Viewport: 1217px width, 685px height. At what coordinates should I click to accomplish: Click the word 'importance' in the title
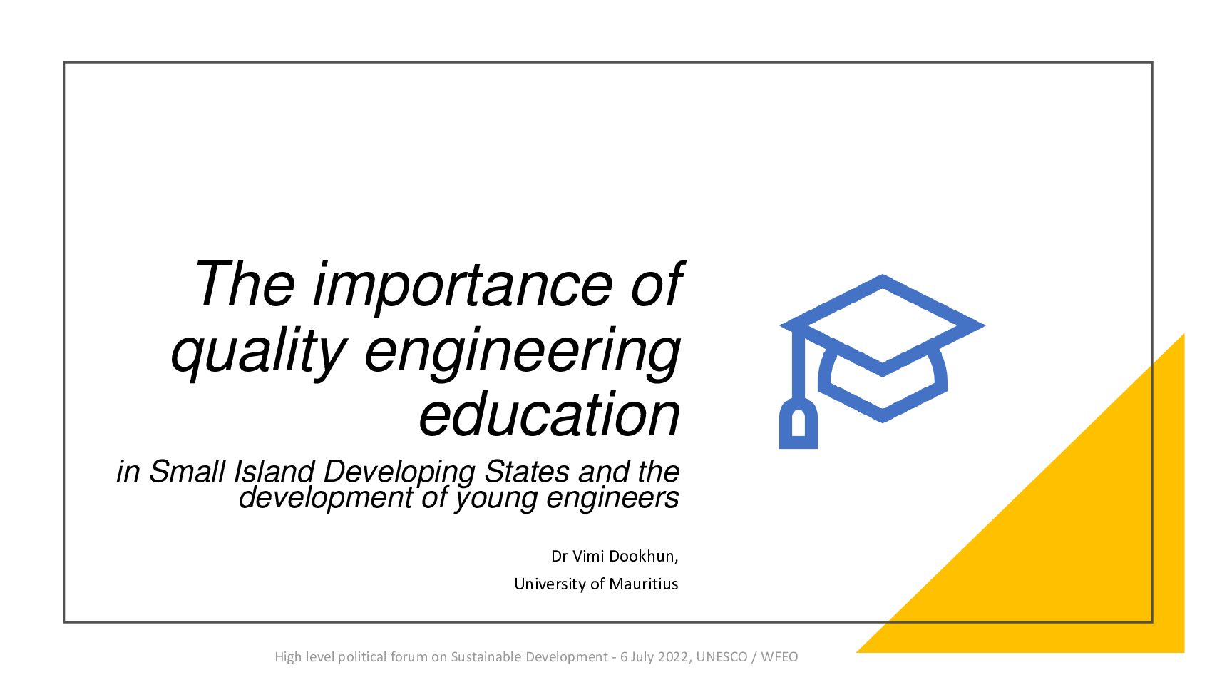(463, 287)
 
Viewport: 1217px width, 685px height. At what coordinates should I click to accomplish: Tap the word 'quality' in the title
(259, 352)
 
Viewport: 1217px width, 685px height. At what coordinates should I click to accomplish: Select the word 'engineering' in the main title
(522, 352)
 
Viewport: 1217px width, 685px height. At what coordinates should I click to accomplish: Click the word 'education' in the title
(549, 414)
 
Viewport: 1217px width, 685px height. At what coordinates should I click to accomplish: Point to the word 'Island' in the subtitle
(274, 471)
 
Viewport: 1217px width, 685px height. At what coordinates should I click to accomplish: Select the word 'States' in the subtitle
(526, 471)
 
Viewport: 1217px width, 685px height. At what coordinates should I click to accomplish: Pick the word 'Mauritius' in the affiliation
(644, 584)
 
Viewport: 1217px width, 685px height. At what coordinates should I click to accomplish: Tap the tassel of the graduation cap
(798, 424)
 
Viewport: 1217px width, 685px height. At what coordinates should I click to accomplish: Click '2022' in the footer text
(674, 656)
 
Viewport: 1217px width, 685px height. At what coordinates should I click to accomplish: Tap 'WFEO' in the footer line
(780, 656)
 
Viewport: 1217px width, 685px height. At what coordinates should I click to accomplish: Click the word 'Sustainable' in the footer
(486, 656)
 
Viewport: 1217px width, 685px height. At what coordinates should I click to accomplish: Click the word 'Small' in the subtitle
(187, 471)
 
